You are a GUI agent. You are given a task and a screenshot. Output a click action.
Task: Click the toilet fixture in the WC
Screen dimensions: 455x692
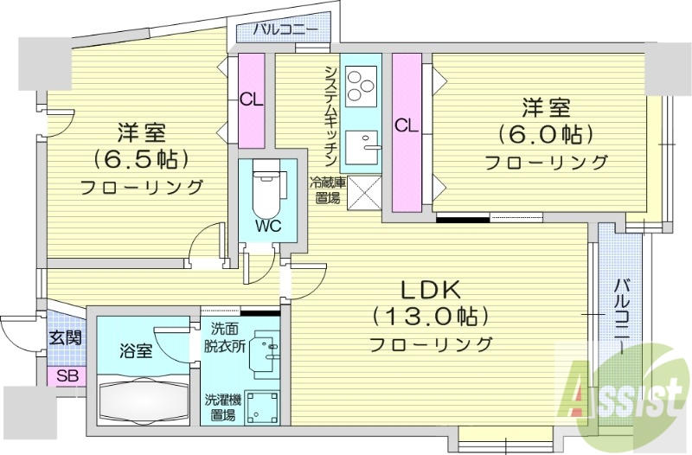tap(266, 189)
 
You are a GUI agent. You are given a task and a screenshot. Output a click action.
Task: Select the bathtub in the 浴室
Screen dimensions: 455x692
tap(144, 400)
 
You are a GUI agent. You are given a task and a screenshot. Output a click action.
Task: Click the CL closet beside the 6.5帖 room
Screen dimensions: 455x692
tap(251, 100)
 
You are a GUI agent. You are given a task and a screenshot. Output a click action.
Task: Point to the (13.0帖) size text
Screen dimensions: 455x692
tap(431, 317)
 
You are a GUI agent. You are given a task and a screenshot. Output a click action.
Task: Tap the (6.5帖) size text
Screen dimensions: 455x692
tap(141, 160)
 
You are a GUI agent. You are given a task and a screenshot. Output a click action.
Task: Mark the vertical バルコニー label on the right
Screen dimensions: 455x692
tap(621, 317)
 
